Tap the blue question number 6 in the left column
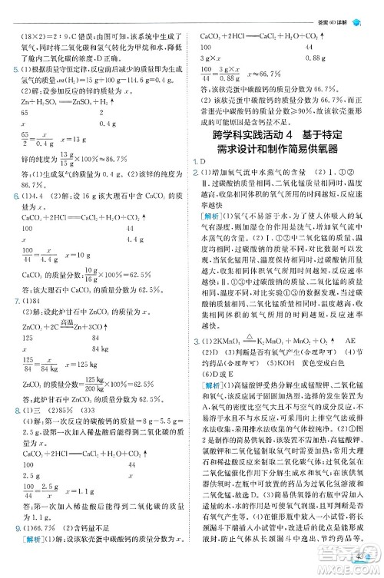point(5,197)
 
